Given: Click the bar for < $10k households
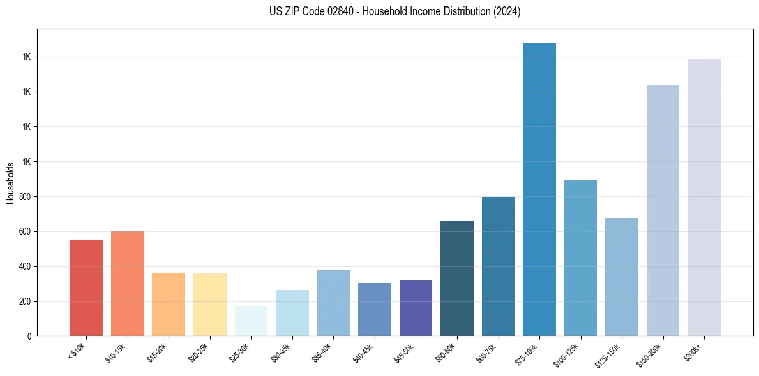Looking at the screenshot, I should pyautogui.click(x=86, y=287).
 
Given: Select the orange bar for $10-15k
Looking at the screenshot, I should pyautogui.click(x=128, y=284).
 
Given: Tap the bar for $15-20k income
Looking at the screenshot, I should pyautogui.click(x=169, y=304).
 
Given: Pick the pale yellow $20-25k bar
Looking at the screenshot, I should pyautogui.click(x=210, y=305).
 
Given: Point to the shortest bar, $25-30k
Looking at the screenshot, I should pyautogui.click(x=251, y=321).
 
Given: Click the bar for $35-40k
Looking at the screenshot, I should pyautogui.click(x=333, y=303).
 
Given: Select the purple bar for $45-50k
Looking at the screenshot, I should pyautogui.click(x=416, y=308).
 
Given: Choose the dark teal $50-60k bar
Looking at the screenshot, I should pyautogui.click(x=457, y=278).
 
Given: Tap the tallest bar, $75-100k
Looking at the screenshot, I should pyautogui.click(x=539, y=189).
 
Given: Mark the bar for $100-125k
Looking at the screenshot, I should pyautogui.click(x=580, y=258).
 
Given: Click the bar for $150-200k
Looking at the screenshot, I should pyautogui.click(x=663, y=210).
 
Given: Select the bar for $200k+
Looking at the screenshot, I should pyautogui.click(x=704, y=198).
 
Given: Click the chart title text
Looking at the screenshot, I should pyautogui.click(x=395, y=11).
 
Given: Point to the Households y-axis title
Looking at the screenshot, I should pyautogui.click(x=10, y=183).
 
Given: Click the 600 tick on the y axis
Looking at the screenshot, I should pyautogui.click(x=26, y=231).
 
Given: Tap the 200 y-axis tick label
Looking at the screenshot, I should pyautogui.click(x=26, y=301).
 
